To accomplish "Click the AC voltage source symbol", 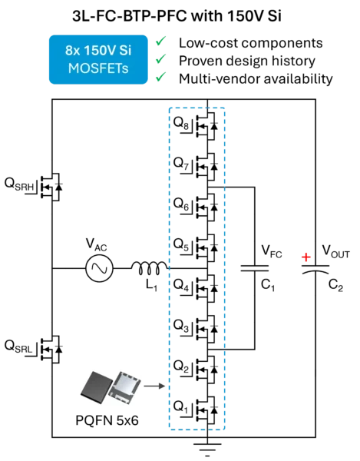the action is point(99,268).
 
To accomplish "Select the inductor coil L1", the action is point(150,268).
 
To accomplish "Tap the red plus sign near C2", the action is point(306,257).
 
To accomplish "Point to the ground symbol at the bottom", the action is point(207,449).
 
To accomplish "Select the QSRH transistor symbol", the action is point(51,187).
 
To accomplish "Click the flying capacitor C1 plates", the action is point(255,268).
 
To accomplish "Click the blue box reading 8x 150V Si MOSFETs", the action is point(98,59).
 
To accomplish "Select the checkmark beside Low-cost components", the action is point(161,41).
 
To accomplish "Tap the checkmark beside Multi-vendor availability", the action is point(161,77).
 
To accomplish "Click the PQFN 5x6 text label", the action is point(107,420).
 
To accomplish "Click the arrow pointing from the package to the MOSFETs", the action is point(155,386).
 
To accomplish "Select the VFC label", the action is point(272,252).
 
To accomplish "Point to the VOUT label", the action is point(336,252).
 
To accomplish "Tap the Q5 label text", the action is point(181,244).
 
